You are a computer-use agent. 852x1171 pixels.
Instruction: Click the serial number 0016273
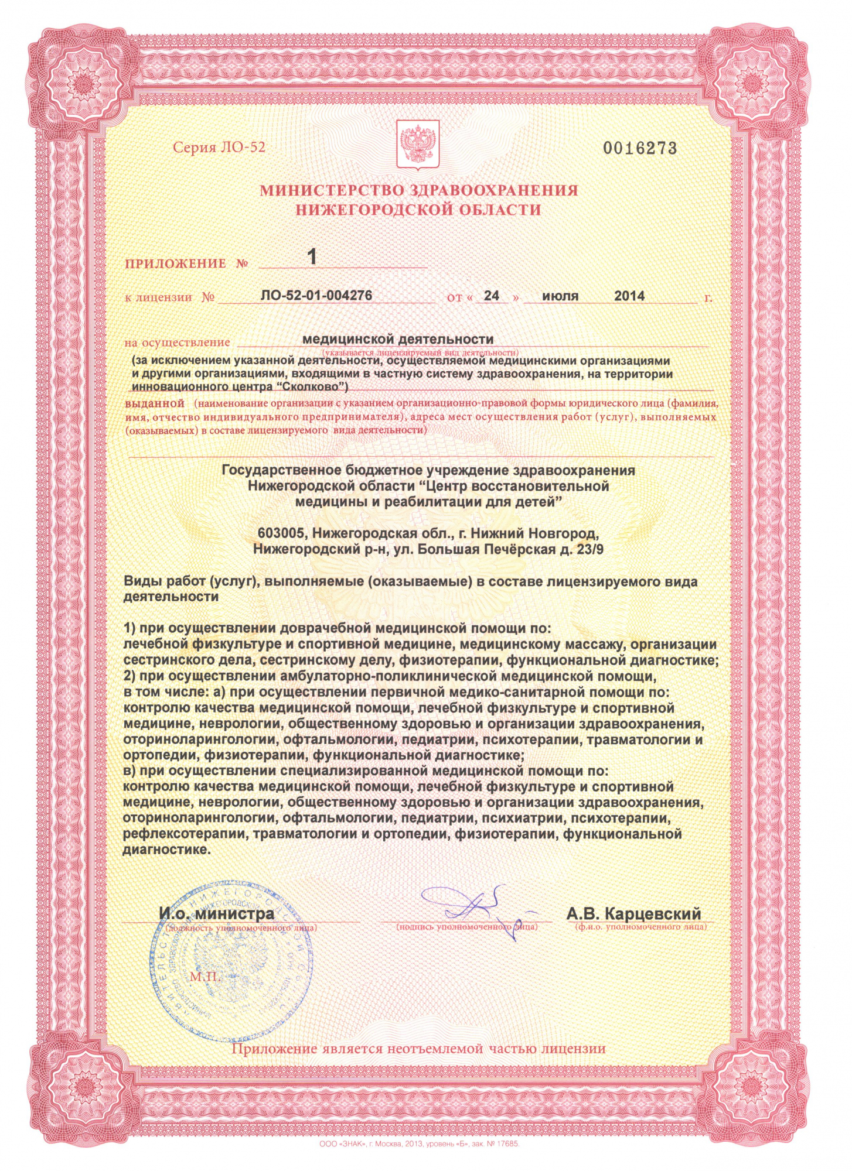coord(640,148)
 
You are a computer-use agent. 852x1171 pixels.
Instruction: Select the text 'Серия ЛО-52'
coord(219,147)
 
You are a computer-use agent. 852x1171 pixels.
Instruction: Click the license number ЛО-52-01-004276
coord(316,295)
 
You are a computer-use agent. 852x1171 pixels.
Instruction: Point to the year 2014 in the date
coord(629,296)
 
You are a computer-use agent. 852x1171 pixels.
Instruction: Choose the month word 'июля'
coord(560,296)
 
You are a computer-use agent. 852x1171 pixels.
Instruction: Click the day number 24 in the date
coord(492,296)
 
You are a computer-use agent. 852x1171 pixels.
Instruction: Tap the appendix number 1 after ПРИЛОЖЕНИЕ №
coord(312,256)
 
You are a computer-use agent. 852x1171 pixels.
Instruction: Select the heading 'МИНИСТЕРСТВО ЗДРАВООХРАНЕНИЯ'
coord(419,190)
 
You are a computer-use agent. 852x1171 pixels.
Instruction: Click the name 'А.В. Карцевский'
coord(633,913)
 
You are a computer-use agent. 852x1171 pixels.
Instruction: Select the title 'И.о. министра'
coord(217,913)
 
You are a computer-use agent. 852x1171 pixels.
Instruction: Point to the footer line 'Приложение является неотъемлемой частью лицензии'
coord(418,1049)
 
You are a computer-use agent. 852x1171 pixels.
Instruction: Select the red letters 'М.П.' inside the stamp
coord(205,977)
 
